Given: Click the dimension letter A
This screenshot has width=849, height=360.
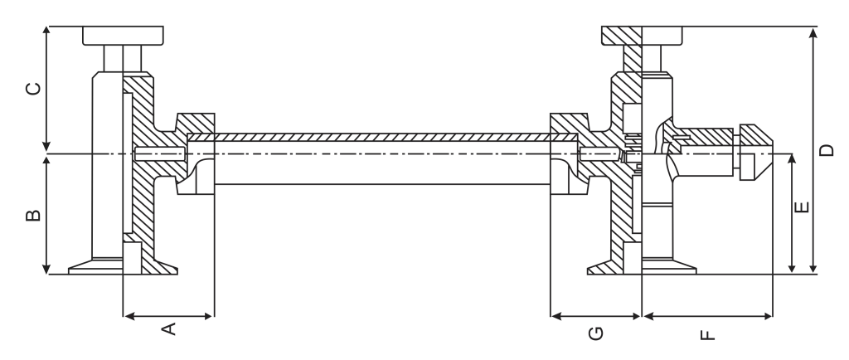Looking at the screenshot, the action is tap(169, 328).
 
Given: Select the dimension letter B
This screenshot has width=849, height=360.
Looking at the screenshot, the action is tap(33, 215).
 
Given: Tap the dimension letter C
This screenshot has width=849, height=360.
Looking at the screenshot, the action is tap(33, 88).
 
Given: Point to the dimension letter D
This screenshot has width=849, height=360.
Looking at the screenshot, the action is tap(827, 150).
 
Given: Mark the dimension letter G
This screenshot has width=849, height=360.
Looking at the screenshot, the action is tap(595, 333).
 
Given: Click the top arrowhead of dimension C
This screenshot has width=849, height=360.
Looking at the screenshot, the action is tap(46, 31).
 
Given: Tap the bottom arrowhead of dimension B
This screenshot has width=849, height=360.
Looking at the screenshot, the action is tap(46, 270).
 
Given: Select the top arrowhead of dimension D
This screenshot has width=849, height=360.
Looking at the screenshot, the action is tap(813, 32).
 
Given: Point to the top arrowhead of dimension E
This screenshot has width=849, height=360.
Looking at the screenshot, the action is tap(792, 158).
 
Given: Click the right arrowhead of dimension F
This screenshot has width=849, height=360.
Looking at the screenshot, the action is tap(768, 316).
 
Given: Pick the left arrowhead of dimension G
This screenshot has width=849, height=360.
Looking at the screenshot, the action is tap(555, 316).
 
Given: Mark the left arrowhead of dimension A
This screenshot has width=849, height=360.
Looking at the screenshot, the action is tap(129, 316).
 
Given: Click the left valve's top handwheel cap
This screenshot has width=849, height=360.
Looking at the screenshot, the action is tap(123, 35).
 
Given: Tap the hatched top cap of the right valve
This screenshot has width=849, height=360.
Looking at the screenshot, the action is tap(622, 35).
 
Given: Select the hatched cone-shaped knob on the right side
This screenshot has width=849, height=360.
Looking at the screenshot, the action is tap(756, 152).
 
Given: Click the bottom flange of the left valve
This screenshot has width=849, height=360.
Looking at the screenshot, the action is tap(123, 266).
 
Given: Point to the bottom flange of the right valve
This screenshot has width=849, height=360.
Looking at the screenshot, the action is tap(643, 266).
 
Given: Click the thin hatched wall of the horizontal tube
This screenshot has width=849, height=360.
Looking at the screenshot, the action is tap(382, 138).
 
